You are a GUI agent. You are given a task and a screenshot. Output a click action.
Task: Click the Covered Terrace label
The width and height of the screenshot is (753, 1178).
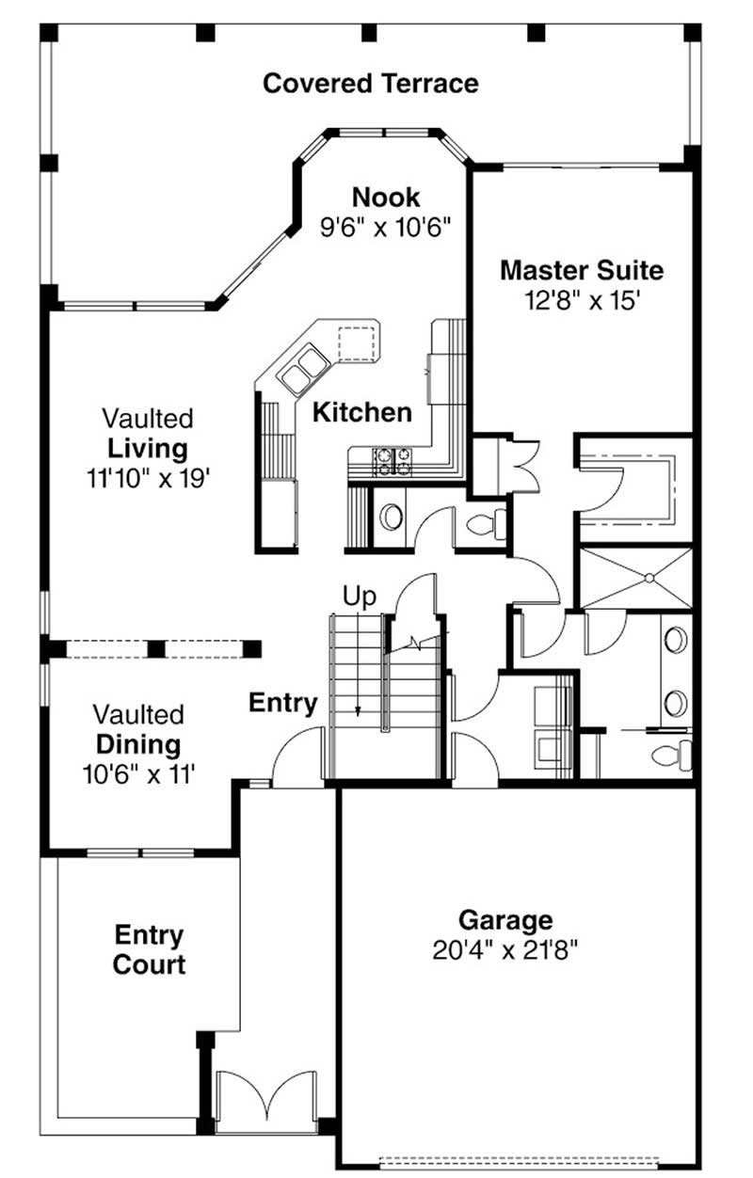370,84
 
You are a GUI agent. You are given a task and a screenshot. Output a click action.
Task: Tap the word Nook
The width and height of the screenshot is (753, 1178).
386,198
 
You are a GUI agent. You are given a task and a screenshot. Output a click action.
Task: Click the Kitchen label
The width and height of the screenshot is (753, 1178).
362,412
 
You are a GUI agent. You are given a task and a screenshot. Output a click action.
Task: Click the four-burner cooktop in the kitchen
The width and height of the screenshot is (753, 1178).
393,458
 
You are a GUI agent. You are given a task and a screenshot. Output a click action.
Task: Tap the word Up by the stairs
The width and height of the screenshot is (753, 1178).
359,596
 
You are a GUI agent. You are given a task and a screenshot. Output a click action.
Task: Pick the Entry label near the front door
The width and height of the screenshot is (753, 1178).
282,703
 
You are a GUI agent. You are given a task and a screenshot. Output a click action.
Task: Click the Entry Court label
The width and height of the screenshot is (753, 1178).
149,950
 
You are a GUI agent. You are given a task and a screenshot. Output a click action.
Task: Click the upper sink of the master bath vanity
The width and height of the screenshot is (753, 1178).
676,640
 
